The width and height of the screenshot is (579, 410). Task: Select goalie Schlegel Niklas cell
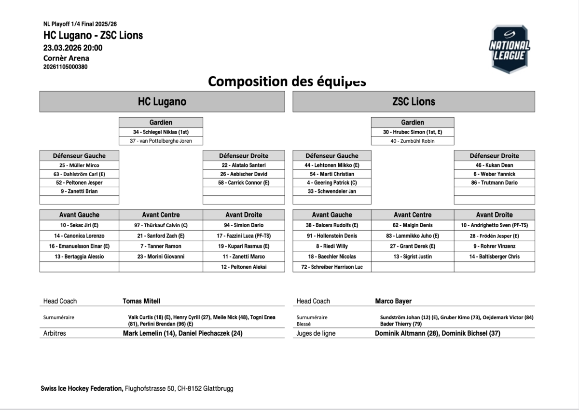pos(161,132)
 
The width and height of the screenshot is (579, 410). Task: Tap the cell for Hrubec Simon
pos(413,132)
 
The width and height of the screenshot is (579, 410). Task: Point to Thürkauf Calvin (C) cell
pos(161,225)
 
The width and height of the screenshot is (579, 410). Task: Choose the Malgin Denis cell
pos(413,225)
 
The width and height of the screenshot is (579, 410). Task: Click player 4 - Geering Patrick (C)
pos(332,183)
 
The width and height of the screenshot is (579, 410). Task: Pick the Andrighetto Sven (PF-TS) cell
pos(494,225)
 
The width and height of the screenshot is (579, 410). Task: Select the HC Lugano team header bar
pos(162,102)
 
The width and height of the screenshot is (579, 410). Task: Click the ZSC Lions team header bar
pos(414,102)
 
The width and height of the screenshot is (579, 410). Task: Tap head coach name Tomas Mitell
pos(141,301)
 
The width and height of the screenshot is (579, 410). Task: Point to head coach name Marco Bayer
pos(393,301)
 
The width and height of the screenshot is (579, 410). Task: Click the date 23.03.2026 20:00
pos(72,48)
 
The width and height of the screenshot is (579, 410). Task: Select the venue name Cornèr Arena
pos(66,58)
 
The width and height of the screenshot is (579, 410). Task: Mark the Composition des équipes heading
pos(287,81)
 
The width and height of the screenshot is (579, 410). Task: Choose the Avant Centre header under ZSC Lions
pos(413,215)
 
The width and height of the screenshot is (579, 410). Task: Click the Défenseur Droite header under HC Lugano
pos(244,156)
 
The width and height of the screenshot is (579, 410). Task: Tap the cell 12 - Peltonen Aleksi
pos(244,267)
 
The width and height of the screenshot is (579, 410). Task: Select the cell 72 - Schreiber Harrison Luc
pos(332,267)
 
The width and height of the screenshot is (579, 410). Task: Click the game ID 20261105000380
pos(65,67)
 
